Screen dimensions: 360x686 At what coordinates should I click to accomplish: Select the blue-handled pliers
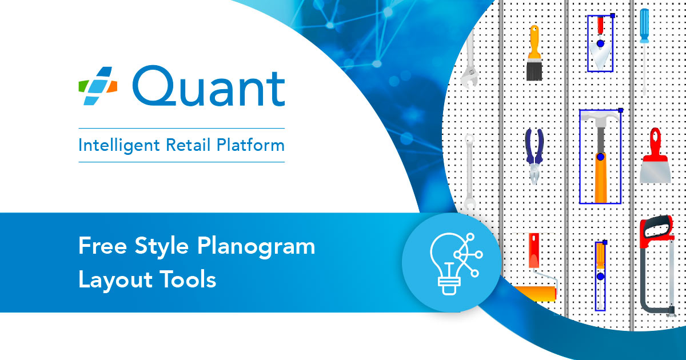coord(534,154)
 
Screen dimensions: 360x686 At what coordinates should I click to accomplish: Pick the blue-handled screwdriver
coord(644,49)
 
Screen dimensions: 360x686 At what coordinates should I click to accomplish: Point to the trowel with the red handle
coord(600,43)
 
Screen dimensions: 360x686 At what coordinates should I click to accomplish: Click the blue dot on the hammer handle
coord(600,157)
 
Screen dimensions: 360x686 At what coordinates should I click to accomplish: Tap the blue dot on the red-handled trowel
coord(600,43)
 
